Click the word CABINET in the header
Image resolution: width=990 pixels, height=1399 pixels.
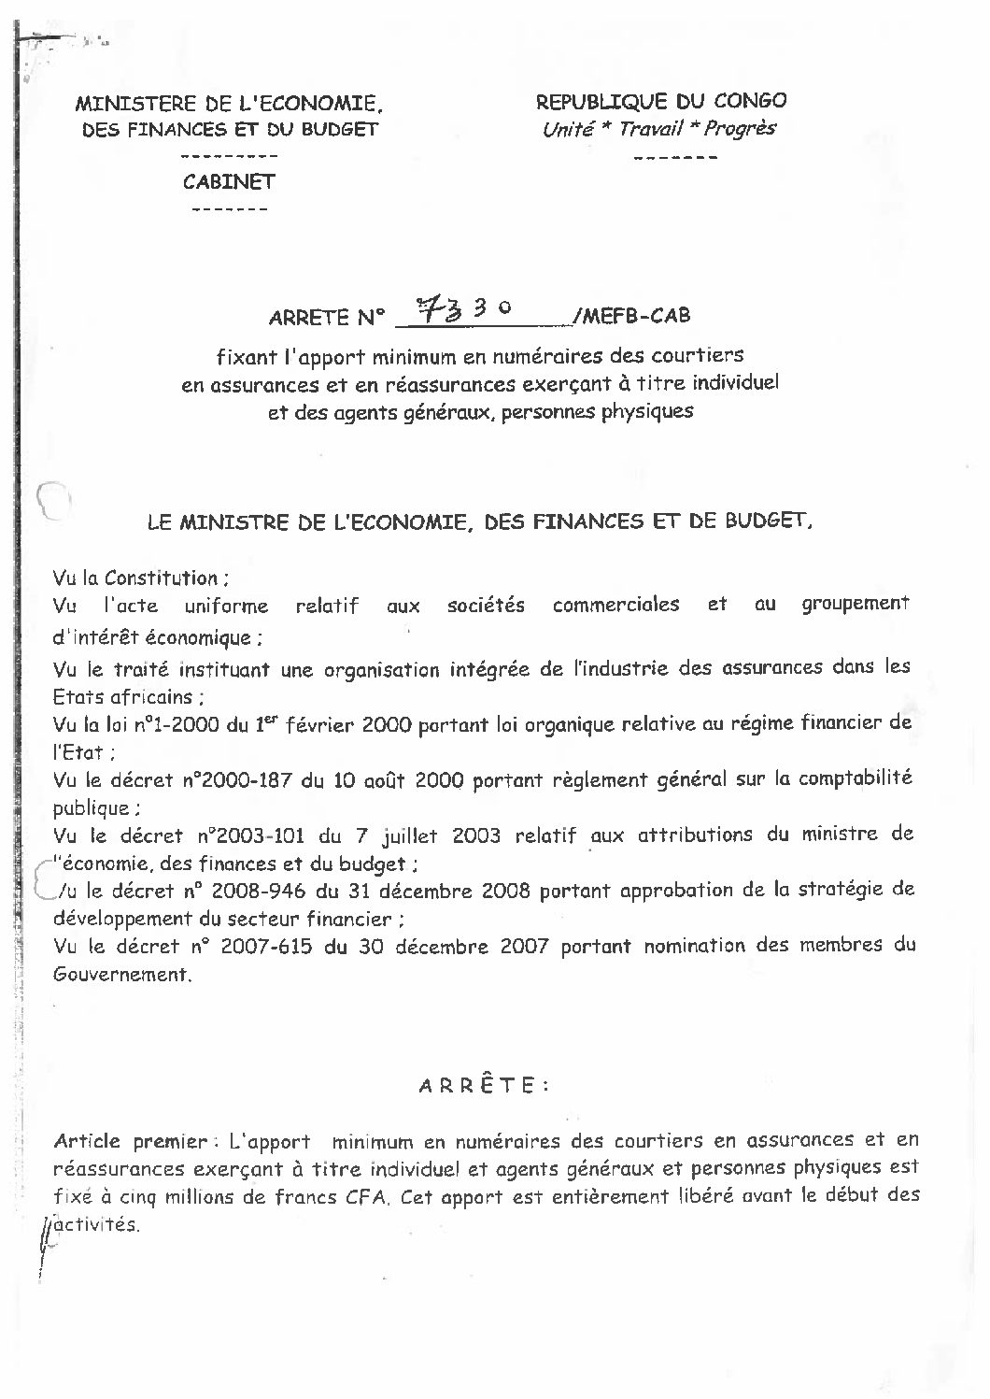point(229,181)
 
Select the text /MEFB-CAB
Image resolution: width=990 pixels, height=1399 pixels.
point(632,316)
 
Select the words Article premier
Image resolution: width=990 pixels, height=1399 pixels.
point(130,1141)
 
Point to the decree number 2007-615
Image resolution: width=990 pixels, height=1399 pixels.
point(262,946)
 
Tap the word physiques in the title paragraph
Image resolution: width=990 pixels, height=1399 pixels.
point(650,411)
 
